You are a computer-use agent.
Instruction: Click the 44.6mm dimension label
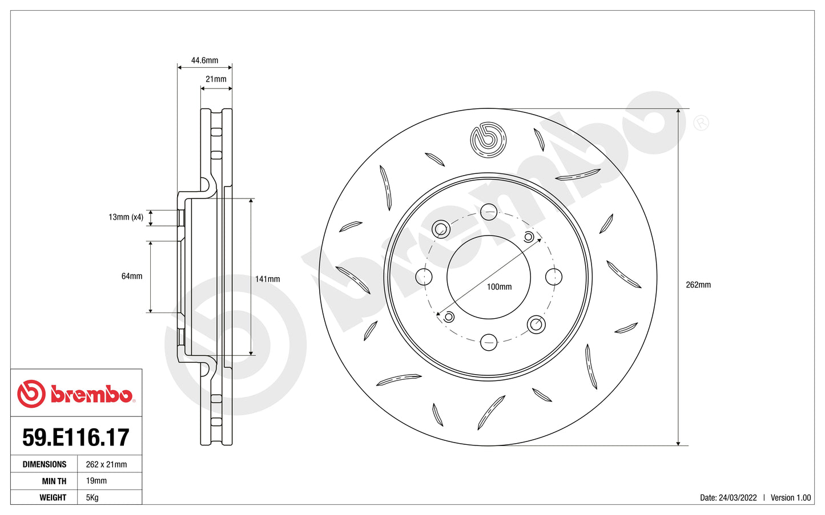[x=204, y=60]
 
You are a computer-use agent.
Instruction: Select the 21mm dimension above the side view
[x=216, y=79]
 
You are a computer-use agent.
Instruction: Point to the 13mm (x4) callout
[x=126, y=217]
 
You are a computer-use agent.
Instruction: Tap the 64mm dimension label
[x=132, y=276]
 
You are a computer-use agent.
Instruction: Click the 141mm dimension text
[x=267, y=279]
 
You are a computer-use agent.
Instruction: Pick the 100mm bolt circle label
[x=499, y=287]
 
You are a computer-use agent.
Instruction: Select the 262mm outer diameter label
[x=698, y=285]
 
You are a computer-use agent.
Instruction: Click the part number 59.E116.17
[x=76, y=437]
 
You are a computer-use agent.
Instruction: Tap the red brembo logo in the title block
[x=75, y=394]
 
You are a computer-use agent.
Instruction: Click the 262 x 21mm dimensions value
[x=106, y=464]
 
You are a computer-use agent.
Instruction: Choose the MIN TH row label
[x=54, y=481]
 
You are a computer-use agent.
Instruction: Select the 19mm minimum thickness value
[x=96, y=481]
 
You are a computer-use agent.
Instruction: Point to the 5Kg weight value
[x=92, y=497]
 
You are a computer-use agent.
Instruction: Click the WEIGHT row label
[x=53, y=497]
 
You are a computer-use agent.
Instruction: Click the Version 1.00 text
[x=791, y=497]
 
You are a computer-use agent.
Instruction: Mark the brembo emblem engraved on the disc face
[x=488, y=140]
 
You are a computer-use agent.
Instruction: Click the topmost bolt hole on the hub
[x=489, y=212]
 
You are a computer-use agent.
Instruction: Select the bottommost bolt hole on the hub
[x=489, y=342]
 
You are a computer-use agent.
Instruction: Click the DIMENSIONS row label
[x=45, y=464]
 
